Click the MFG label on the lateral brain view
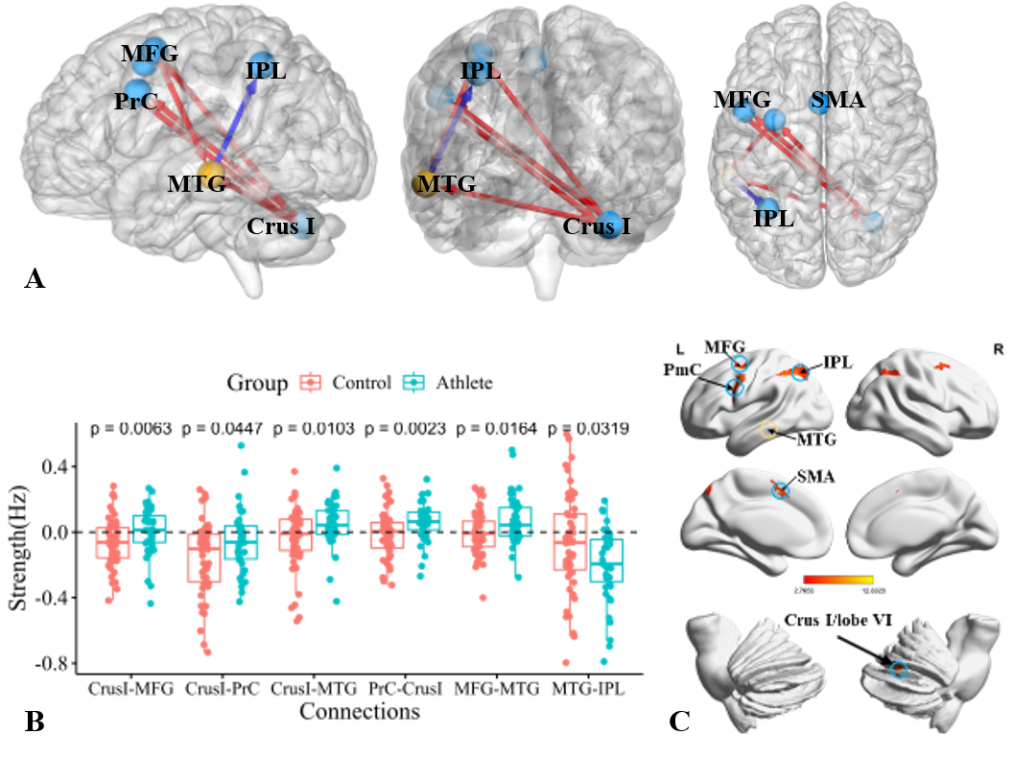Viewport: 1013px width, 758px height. [x=150, y=53]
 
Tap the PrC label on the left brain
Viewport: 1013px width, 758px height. [x=135, y=101]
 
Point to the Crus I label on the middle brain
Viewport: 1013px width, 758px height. [x=594, y=227]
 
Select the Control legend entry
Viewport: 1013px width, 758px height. [x=351, y=383]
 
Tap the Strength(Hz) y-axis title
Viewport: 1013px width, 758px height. [x=17, y=542]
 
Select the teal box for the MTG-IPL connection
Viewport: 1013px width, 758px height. [x=607, y=559]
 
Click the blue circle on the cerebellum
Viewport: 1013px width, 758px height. [x=898, y=671]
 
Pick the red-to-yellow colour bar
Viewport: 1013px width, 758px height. [x=838, y=580]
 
